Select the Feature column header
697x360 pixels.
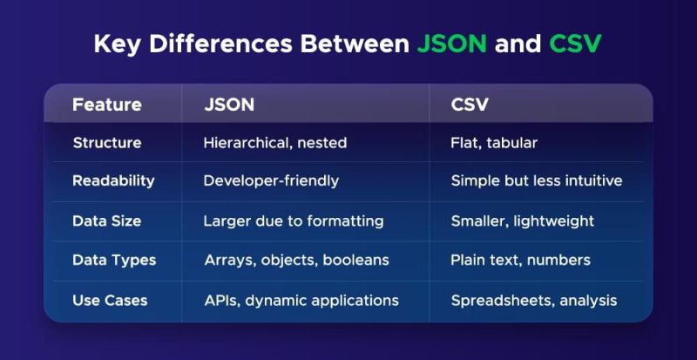tap(106, 105)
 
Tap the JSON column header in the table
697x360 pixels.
tap(229, 105)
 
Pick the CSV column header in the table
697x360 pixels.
tap(470, 105)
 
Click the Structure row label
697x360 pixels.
tap(106, 143)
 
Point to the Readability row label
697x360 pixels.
tap(113, 181)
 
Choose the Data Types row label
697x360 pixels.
tap(114, 260)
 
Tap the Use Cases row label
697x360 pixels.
tap(110, 300)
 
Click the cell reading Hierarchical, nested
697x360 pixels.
tap(274, 143)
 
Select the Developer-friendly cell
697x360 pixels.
tap(271, 181)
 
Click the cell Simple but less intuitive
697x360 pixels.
tap(537, 181)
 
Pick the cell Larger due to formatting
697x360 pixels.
tap(294, 221)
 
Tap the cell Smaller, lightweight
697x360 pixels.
tap(522, 221)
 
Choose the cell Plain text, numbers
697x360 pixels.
tap(520, 260)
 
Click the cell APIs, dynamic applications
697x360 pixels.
tap(301, 300)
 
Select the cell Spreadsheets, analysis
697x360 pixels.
tap(533, 300)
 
